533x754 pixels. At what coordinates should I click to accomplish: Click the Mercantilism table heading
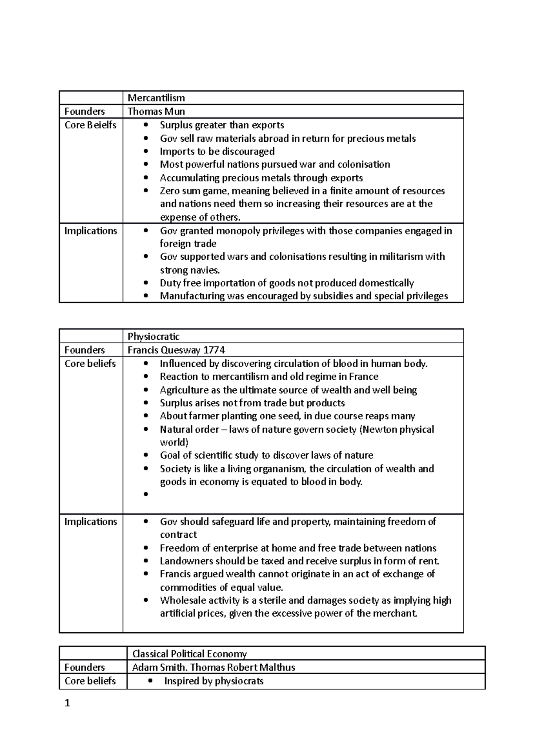click(156, 98)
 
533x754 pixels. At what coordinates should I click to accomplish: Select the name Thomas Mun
click(156, 111)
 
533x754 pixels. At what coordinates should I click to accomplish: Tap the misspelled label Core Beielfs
click(90, 125)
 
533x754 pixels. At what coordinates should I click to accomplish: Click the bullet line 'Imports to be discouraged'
click(217, 151)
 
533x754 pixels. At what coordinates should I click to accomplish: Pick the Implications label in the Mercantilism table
click(91, 231)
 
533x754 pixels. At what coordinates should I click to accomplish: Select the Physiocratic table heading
click(153, 337)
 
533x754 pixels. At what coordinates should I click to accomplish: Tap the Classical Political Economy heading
click(189, 654)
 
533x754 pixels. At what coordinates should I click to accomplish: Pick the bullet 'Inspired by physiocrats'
click(214, 681)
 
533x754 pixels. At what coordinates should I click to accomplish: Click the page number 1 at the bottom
click(68, 703)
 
